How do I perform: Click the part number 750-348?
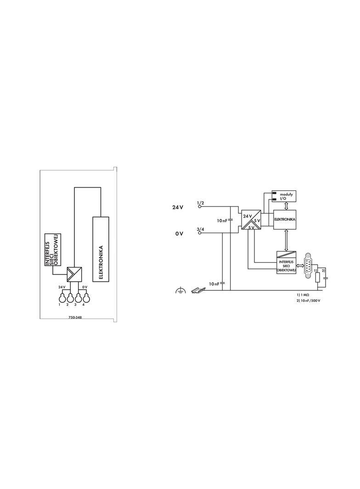75,318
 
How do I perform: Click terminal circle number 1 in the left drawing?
63,298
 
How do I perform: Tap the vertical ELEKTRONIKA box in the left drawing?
101,249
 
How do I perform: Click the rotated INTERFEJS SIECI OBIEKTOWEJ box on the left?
52,250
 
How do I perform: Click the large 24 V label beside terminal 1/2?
178,207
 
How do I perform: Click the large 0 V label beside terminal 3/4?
179,233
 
